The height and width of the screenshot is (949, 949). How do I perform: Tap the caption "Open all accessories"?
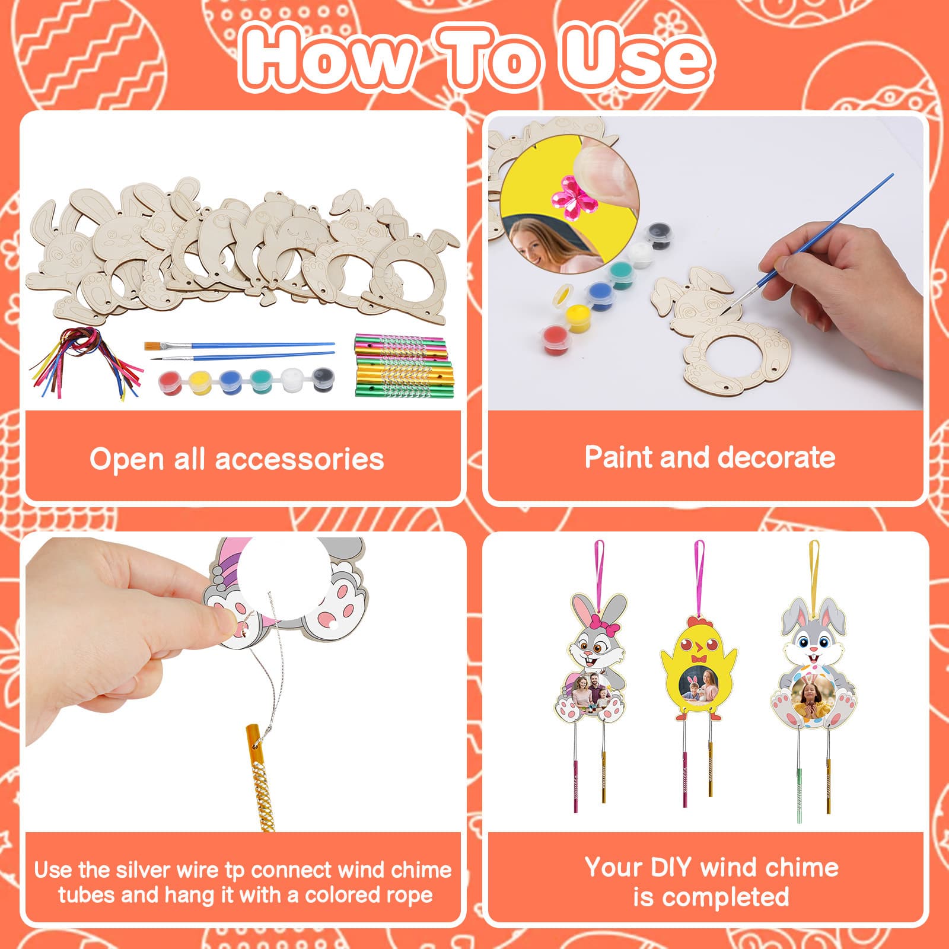pyautogui.click(x=237, y=459)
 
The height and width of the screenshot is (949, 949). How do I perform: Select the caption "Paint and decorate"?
pyautogui.click(x=710, y=457)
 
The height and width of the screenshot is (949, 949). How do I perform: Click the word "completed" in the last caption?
pyautogui.click(x=711, y=897)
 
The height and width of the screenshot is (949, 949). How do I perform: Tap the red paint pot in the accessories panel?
pyautogui.click(x=170, y=382)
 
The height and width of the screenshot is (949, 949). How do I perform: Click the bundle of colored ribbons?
pyautogui.click(x=83, y=362)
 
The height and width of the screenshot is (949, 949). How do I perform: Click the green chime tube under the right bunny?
pyautogui.click(x=799, y=794)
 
